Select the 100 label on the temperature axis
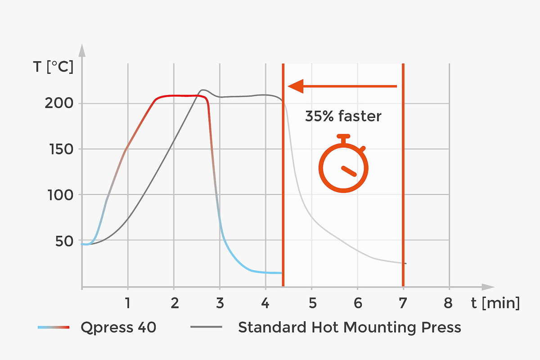click(58, 195)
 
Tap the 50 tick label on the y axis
click(63, 241)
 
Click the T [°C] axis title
click(53, 67)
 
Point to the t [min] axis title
click(495, 303)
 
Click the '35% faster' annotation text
click(343, 117)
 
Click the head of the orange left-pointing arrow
click(295, 86)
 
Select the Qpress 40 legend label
click(118, 327)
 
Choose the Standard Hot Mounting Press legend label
click(349, 327)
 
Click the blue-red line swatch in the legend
click(54, 327)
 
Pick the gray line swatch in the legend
click(206, 327)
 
